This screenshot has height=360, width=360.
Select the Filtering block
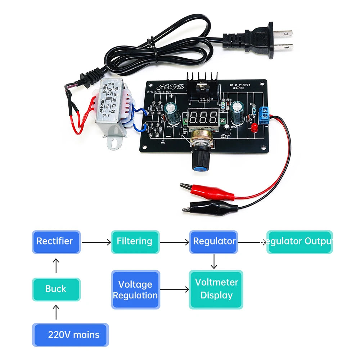pos(135,242)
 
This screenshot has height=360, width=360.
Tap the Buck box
pos(56,289)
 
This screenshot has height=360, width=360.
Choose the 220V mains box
pos(70,335)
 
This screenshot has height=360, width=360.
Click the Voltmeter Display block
pos(216,289)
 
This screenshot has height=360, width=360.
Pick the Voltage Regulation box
pos(135,290)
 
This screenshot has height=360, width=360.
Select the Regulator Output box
pos(299,242)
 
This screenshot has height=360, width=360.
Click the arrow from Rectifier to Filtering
pos(96,242)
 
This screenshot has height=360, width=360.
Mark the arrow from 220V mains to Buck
pos(56,312)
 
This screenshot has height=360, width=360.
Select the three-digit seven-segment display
pos(203,116)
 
